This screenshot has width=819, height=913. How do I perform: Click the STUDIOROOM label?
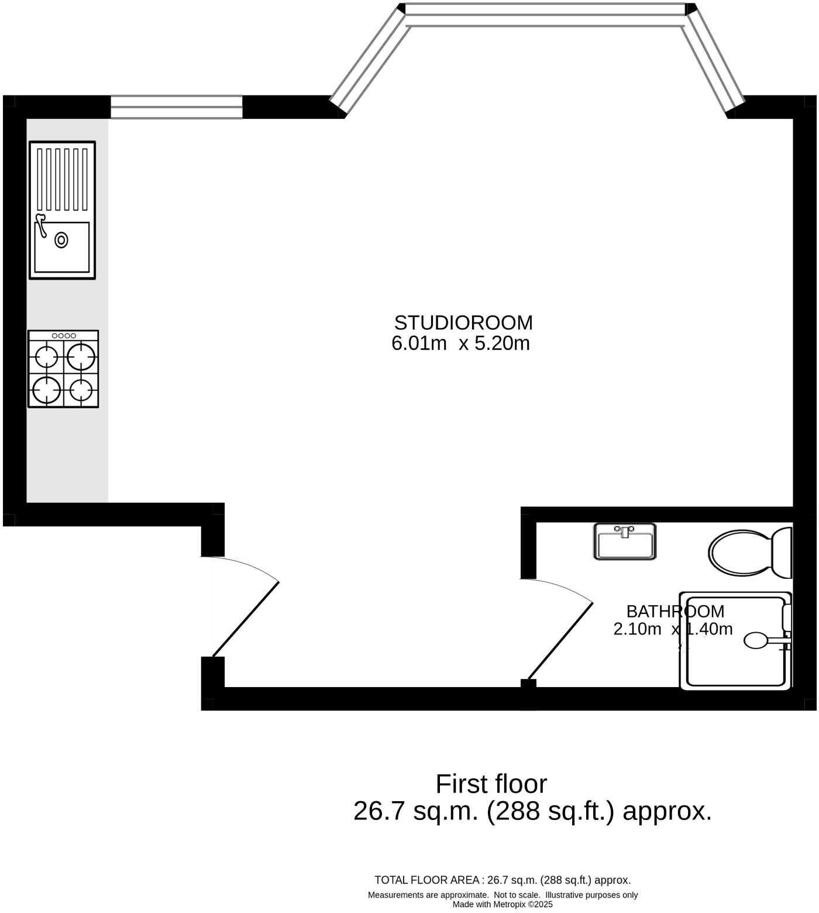(463, 323)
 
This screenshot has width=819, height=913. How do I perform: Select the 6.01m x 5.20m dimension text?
(460, 344)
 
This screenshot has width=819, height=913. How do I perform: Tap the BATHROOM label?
(675, 612)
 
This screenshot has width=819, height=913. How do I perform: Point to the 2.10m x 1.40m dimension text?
(673, 629)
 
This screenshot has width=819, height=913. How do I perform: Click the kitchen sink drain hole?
(61, 240)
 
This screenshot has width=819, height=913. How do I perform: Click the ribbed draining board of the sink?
(62, 179)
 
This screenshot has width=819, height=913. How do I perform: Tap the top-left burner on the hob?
(46, 356)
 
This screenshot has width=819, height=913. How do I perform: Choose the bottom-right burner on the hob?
(81, 389)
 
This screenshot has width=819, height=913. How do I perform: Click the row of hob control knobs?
(64, 336)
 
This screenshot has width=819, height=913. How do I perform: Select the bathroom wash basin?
(625, 542)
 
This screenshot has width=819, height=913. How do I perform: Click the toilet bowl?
(739, 551)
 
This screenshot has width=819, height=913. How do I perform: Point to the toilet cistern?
(782, 552)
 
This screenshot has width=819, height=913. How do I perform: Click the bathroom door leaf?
(560, 641)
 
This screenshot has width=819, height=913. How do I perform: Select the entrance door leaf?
(246, 619)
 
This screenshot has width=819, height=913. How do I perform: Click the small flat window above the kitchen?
(176, 107)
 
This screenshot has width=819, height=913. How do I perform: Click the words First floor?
(491, 784)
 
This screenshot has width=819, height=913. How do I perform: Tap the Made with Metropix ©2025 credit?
(503, 904)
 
